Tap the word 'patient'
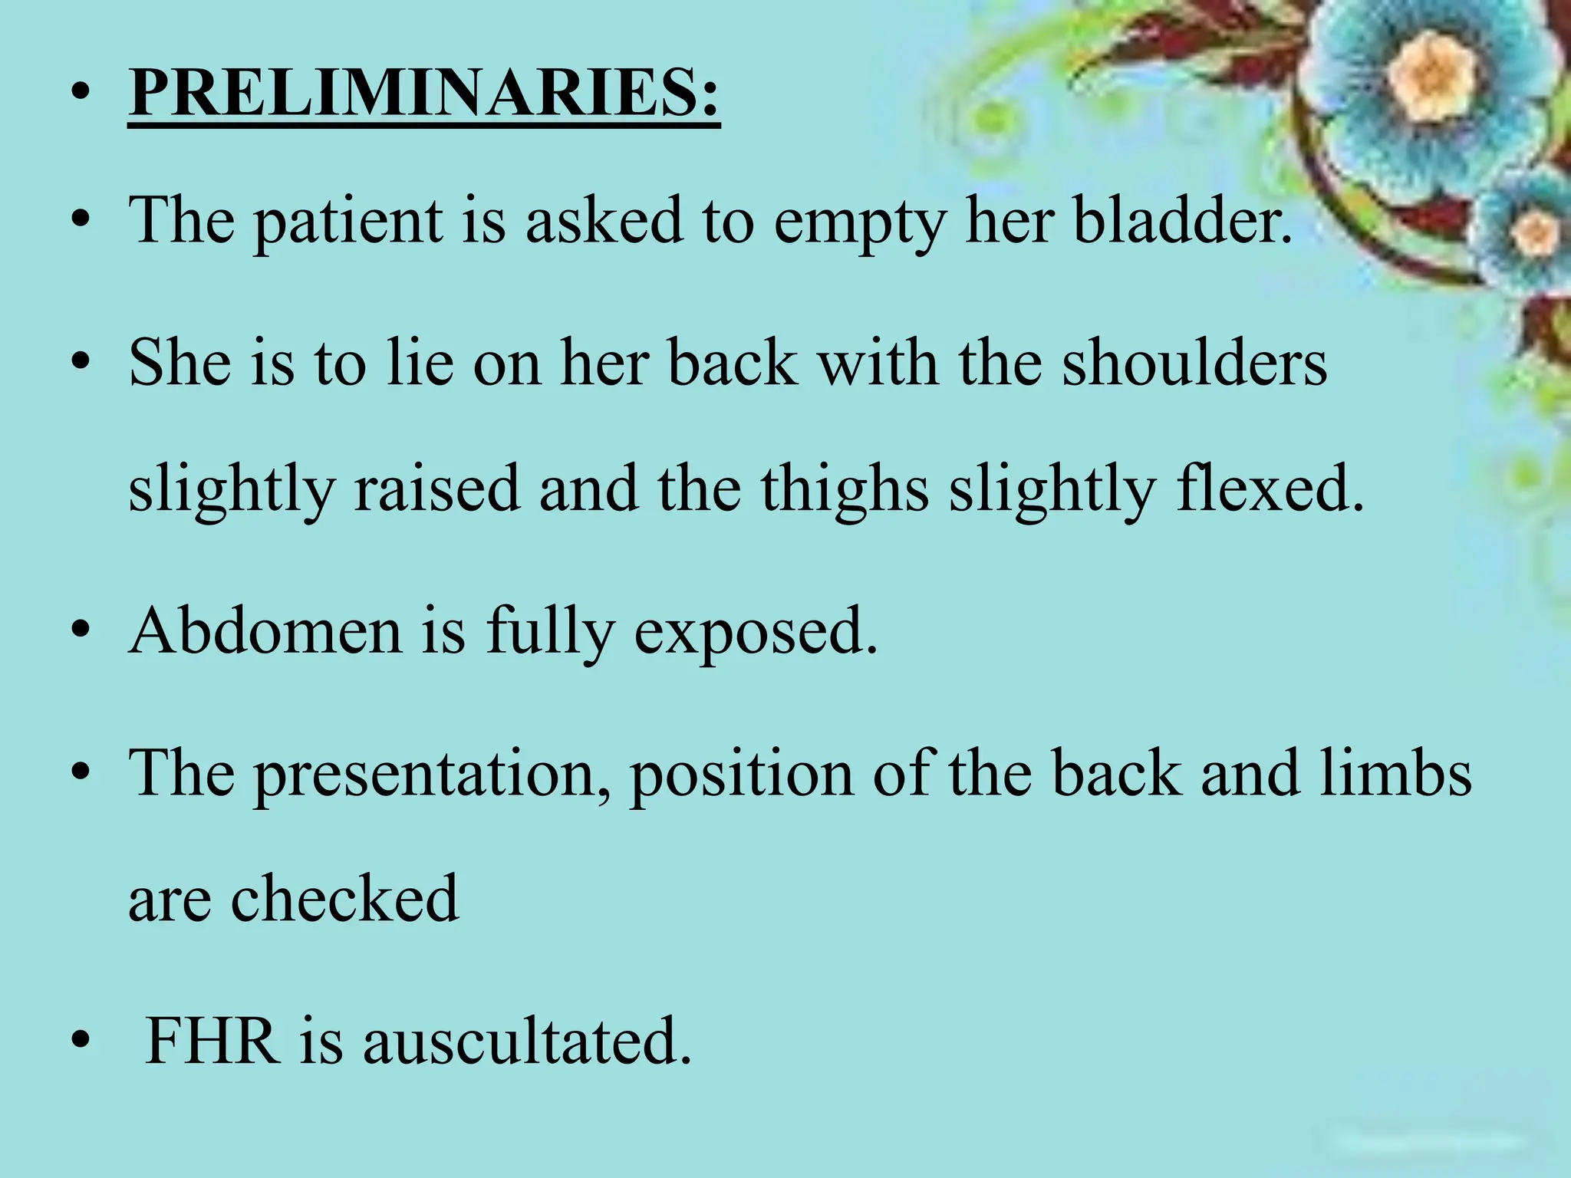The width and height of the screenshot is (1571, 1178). click(x=349, y=222)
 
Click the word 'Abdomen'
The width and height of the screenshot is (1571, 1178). click(x=265, y=630)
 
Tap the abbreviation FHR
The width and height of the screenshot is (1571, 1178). click(x=212, y=1041)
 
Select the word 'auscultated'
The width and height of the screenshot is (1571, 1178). click(x=527, y=1041)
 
